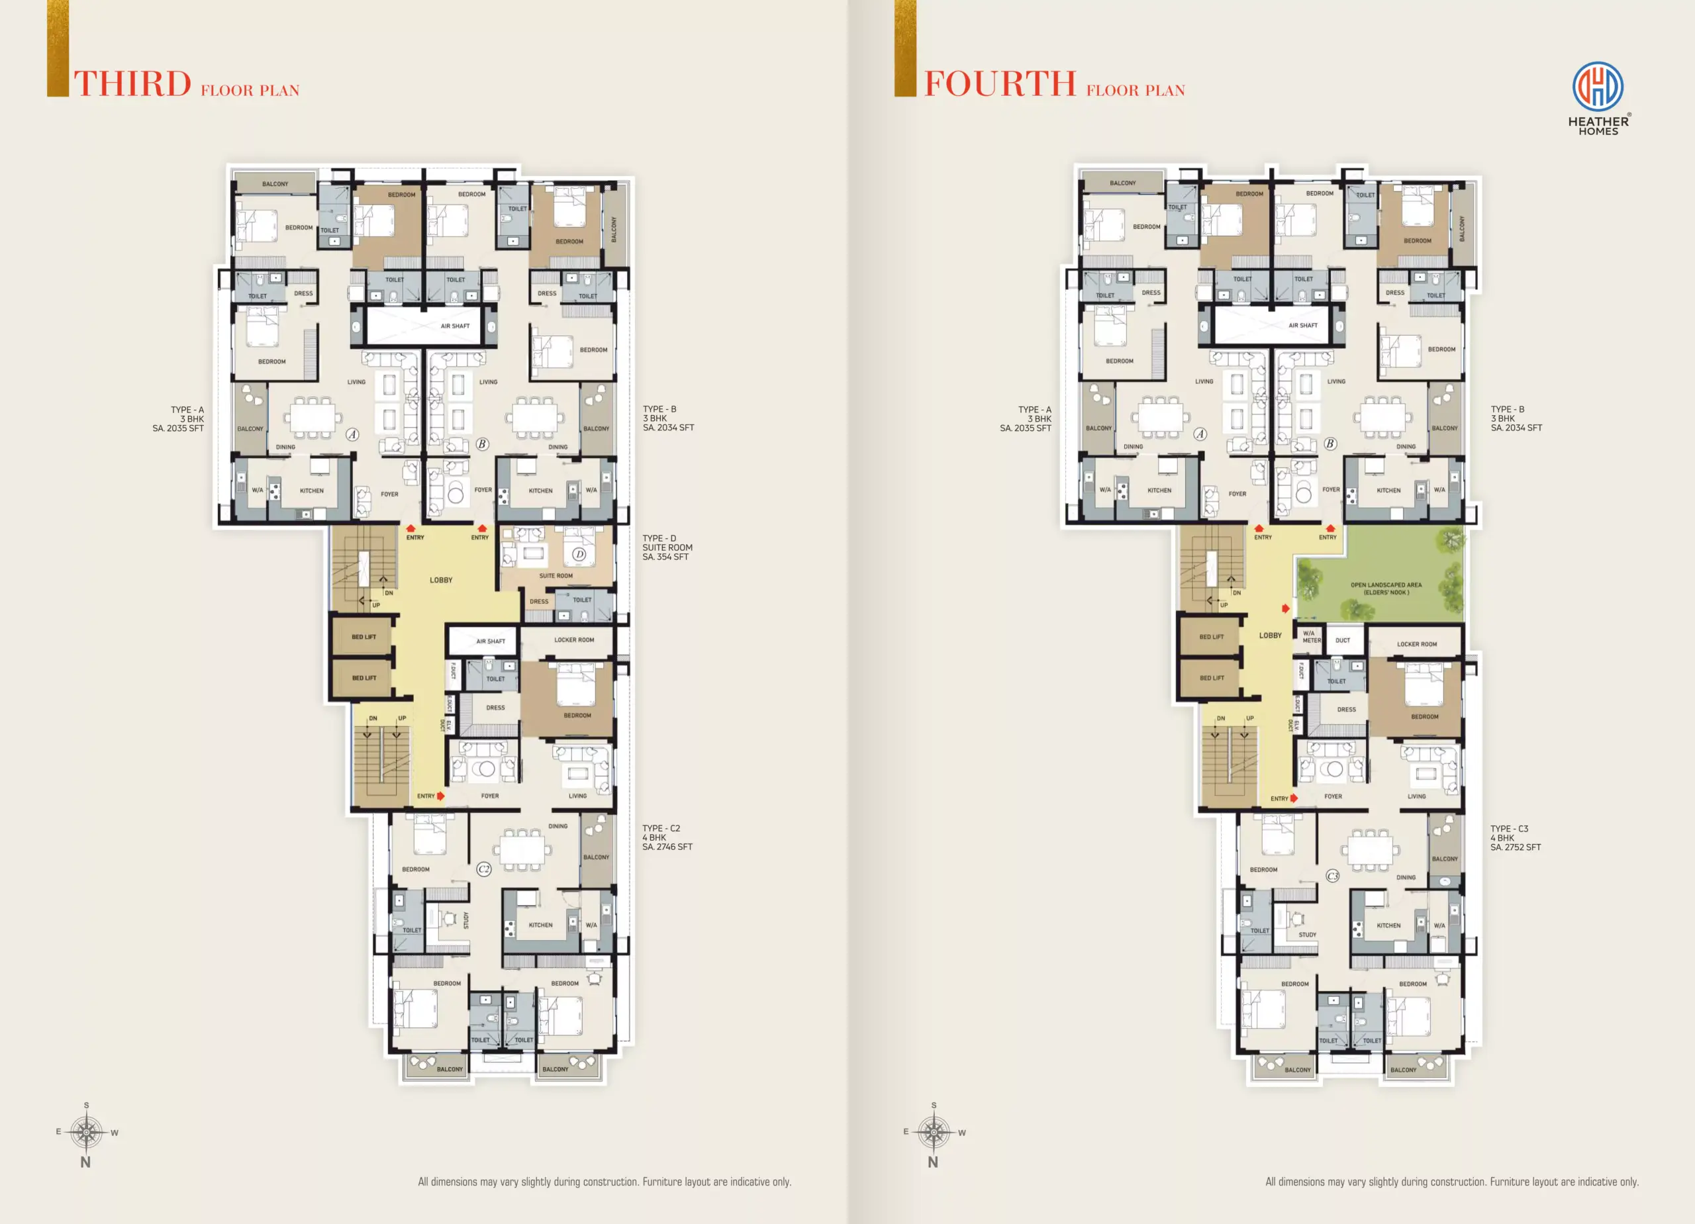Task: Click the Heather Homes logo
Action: [1598, 98]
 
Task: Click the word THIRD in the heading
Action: [133, 83]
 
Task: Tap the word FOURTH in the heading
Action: [1000, 83]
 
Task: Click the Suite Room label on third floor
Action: [556, 576]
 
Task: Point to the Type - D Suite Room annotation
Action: [667, 547]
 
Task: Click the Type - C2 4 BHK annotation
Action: [667, 837]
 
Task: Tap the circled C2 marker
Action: [484, 869]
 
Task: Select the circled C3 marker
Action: [1333, 876]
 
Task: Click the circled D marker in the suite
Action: [579, 555]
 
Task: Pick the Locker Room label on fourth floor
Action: [1417, 644]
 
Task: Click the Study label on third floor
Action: [466, 920]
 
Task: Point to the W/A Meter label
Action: [1312, 637]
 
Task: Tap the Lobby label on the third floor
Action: [441, 580]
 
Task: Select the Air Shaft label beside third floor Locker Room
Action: [491, 641]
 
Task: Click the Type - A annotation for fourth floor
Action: [1026, 419]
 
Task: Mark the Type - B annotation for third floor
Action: [668, 418]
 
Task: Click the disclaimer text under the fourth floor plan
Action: [1451, 1182]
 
